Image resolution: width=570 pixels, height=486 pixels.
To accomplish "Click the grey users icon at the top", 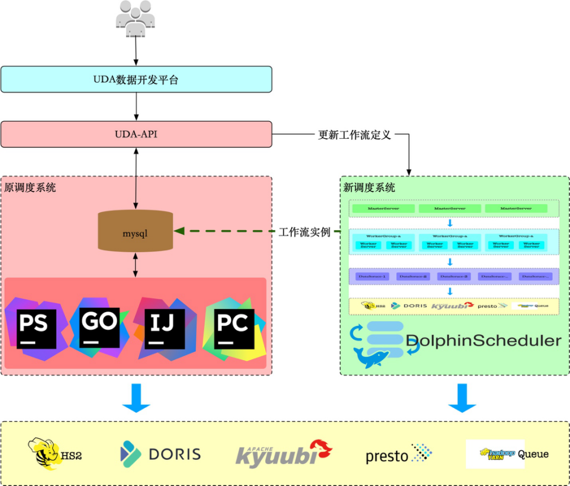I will pyautogui.click(x=136, y=19).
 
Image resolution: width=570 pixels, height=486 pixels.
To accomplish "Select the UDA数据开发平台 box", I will pyautogui.click(x=136, y=79).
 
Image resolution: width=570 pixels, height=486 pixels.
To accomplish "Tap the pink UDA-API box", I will pyautogui.click(x=136, y=134).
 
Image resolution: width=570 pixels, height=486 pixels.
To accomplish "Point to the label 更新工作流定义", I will pyautogui.click(x=355, y=135).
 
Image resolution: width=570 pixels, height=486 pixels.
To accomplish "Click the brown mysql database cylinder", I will pyautogui.click(x=135, y=232).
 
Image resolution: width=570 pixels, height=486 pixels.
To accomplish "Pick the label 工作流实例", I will pyautogui.click(x=305, y=231).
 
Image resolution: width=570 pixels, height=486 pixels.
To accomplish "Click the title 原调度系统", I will pyautogui.click(x=30, y=187).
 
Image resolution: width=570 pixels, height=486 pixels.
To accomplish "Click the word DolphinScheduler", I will pyautogui.click(x=483, y=341).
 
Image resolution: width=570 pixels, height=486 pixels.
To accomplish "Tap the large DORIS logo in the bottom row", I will pyautogui.click(x=161, y=454).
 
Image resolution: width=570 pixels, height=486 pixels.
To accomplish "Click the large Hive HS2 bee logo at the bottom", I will pyautogui.click(x=55, y=454).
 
